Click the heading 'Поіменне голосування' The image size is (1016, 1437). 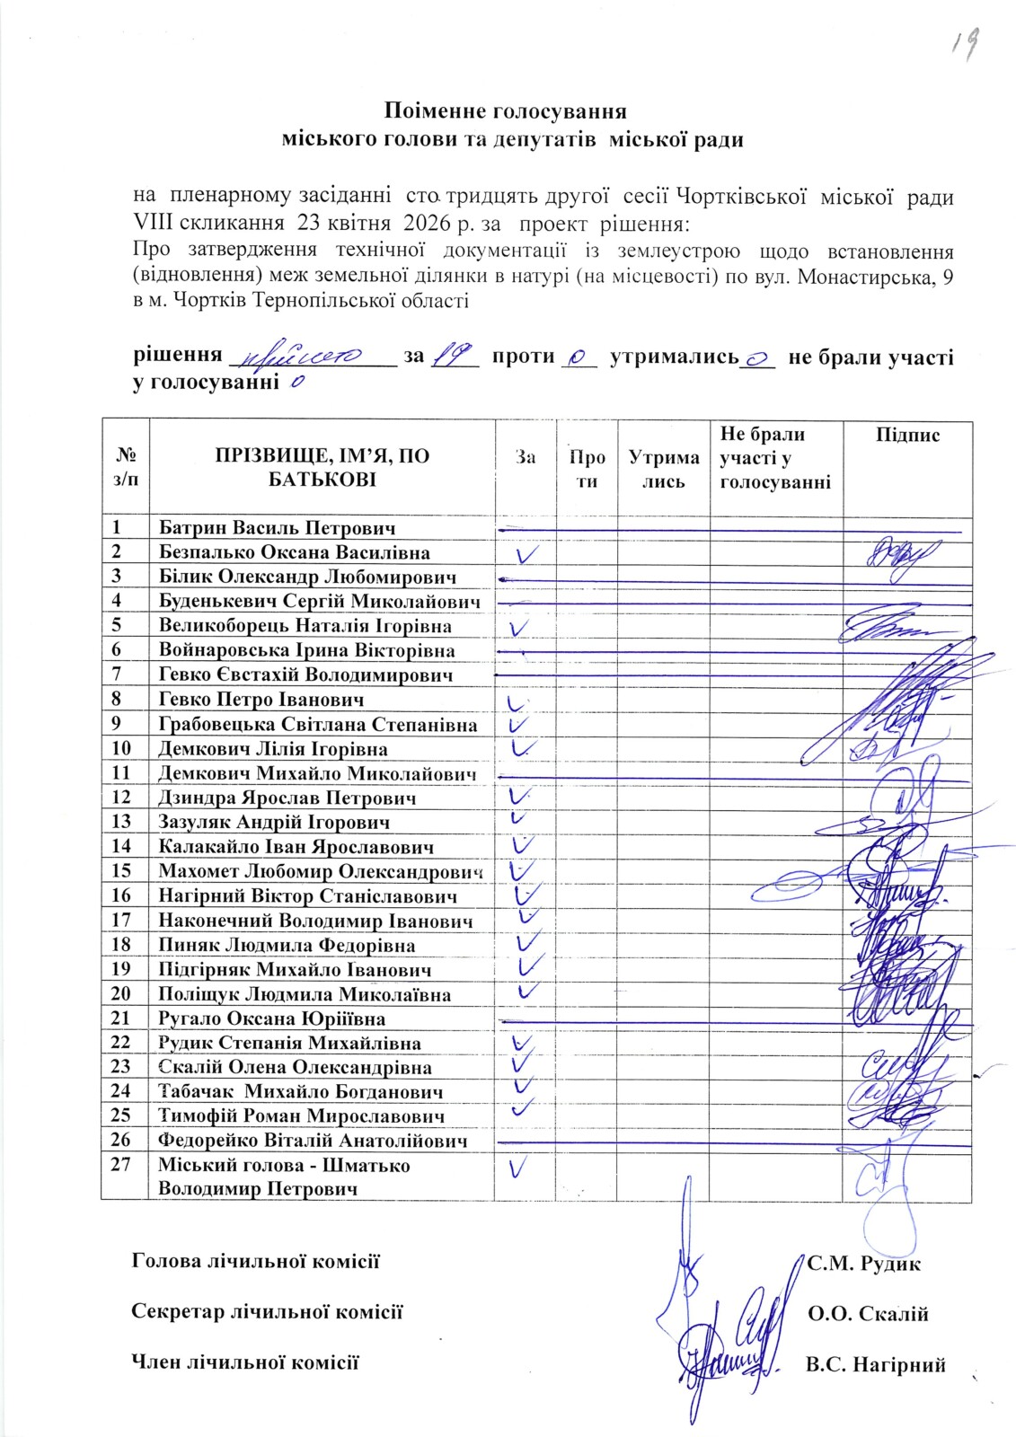tap(505, 111)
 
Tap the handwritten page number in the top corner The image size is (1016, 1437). tap(963, 42)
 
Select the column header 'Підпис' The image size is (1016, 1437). tap(907, 436)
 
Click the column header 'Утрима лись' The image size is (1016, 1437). tap(664, 469)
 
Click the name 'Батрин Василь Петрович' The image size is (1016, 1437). tap(277, 528)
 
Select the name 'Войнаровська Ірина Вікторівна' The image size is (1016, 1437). tap(306, 650)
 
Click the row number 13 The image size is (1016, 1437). tap(122, 822)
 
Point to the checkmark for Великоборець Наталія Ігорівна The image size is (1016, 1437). tap(517, 625)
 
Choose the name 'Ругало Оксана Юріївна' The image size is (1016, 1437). tap(272, 1018)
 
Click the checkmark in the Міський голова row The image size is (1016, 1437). tap(518, 1168)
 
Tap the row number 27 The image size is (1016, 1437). tap(122, 1165)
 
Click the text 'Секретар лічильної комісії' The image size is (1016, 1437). tap(267, 1312)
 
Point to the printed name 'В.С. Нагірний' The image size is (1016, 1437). tap(876, 1365)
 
